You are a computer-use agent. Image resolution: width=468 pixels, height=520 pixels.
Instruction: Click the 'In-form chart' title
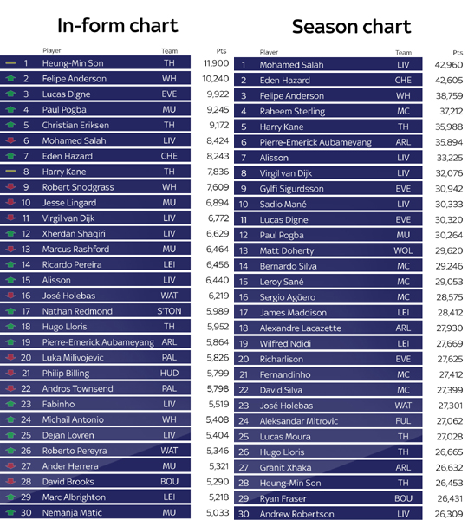(x=118, y=25)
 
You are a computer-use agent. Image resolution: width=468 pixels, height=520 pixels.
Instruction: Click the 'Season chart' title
(x=351, y=27)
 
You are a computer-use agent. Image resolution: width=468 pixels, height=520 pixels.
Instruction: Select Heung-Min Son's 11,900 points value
(x=217, y=63)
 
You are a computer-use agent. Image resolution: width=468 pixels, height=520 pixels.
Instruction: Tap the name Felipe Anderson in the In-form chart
(x=75, y=79)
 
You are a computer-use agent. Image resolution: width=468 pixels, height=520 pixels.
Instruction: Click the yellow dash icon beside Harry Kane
(x=10, y=172)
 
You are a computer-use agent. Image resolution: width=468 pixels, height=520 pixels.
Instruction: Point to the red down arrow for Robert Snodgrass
(x=10, y=186)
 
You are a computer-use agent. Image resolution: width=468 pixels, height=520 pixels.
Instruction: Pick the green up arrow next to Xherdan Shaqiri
(x=10, y=233)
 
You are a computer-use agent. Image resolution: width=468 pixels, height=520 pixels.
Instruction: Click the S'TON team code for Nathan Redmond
(x=169, y=311)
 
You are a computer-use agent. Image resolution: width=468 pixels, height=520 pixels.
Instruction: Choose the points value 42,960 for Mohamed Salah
(x=449, y=65)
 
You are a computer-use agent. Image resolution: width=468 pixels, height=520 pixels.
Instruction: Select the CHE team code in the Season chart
(x=403, y=81)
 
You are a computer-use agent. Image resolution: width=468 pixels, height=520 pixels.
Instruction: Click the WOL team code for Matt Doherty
(x=403, y=250)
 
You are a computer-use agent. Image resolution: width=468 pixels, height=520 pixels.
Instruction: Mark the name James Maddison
(x=293, y=313)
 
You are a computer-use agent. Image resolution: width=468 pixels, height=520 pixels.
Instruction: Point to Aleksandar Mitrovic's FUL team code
(x=403, y=421)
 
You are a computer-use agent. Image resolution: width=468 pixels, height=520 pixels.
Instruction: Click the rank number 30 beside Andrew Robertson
(x=244, y=514)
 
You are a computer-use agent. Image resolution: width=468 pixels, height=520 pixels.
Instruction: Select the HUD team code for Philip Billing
(x=169, y=373)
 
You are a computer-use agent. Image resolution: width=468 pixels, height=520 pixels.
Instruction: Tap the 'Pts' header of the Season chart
(x=458, y=53)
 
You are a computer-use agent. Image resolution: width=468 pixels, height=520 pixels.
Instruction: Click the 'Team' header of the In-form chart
(x=170, y=51)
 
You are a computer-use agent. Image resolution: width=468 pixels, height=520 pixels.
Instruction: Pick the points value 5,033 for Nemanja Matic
(x=218, y=513)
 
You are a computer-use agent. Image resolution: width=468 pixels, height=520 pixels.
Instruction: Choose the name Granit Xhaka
(x=286, y=468)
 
